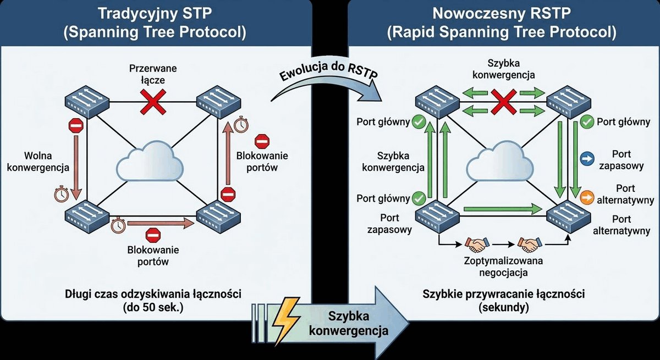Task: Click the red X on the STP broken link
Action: [153, 102]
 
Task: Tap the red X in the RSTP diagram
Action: [504, 102]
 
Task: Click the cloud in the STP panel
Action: [150, 160]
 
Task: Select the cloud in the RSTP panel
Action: [500, 160]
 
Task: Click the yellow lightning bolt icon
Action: [285, 321]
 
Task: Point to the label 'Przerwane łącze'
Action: [153, 74]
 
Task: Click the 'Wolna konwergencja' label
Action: [38, 162]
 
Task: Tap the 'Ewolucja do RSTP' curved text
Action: [328, 71]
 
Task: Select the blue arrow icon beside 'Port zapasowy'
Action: [587, 159]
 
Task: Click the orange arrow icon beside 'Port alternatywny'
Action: [587, 197]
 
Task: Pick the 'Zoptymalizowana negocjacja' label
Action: [503, 267]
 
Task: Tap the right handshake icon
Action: [530, 244]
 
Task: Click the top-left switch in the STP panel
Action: [87, 102]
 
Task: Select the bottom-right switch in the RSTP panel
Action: [569, 216]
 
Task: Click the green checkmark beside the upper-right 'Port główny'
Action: [587, 122]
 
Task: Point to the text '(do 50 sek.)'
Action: [153, 308]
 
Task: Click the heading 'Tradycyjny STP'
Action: [155, 14]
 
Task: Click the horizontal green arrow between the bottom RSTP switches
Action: [503, 209]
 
